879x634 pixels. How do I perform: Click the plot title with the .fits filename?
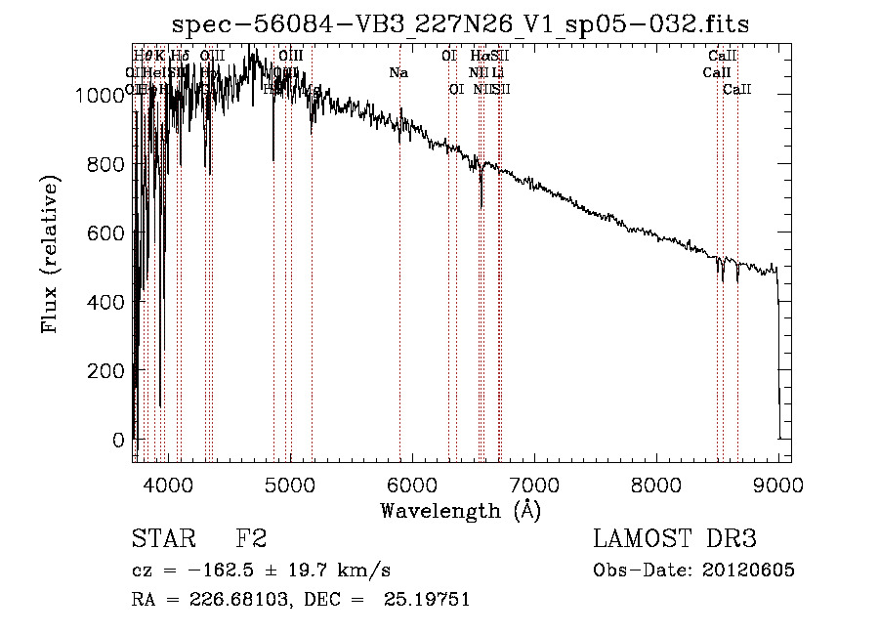tap(461, 24)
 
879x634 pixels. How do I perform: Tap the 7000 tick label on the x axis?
tap(534, 483)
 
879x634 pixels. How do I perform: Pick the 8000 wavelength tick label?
tap(656, 483)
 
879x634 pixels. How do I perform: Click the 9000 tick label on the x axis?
tap(778, 483)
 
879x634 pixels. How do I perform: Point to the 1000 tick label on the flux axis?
tap(100, 96)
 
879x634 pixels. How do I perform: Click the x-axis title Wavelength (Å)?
tap(460, 510)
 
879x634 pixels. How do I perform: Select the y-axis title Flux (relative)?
tap(50, 254)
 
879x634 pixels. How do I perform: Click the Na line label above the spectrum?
tap(398, 72)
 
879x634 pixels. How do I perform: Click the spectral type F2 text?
tap(250, 539)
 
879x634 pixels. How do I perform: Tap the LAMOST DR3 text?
tap(675, 539)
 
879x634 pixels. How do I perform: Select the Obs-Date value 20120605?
tap(750, 571)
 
